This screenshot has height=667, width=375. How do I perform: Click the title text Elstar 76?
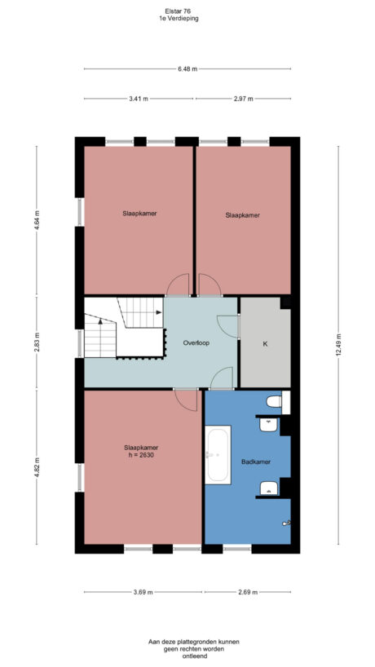(x=179, y=11)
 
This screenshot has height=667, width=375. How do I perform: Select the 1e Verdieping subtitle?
(x=179, y=17)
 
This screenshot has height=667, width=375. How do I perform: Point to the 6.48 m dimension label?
(x=187, y=69)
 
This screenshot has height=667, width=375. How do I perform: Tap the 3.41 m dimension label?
(x=139, y=99)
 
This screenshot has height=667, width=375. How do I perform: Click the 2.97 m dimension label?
(x=244, y=99)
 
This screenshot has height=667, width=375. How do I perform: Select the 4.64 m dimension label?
(x=37, y=220)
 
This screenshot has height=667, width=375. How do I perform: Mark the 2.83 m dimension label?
(x=37, y=343)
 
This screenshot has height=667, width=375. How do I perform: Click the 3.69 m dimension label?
(x=143, y=592)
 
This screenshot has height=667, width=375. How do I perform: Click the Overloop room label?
(x=196, y=343)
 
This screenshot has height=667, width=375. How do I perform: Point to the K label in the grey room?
(x=264, y=344)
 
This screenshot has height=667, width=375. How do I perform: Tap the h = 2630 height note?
(x=140, y=455)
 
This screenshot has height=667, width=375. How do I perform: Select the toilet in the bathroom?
(x=275, y=401)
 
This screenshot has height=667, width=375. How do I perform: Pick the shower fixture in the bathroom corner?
(x=285, y=523)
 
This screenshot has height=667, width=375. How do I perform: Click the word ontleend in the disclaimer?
(x=187, y=656)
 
